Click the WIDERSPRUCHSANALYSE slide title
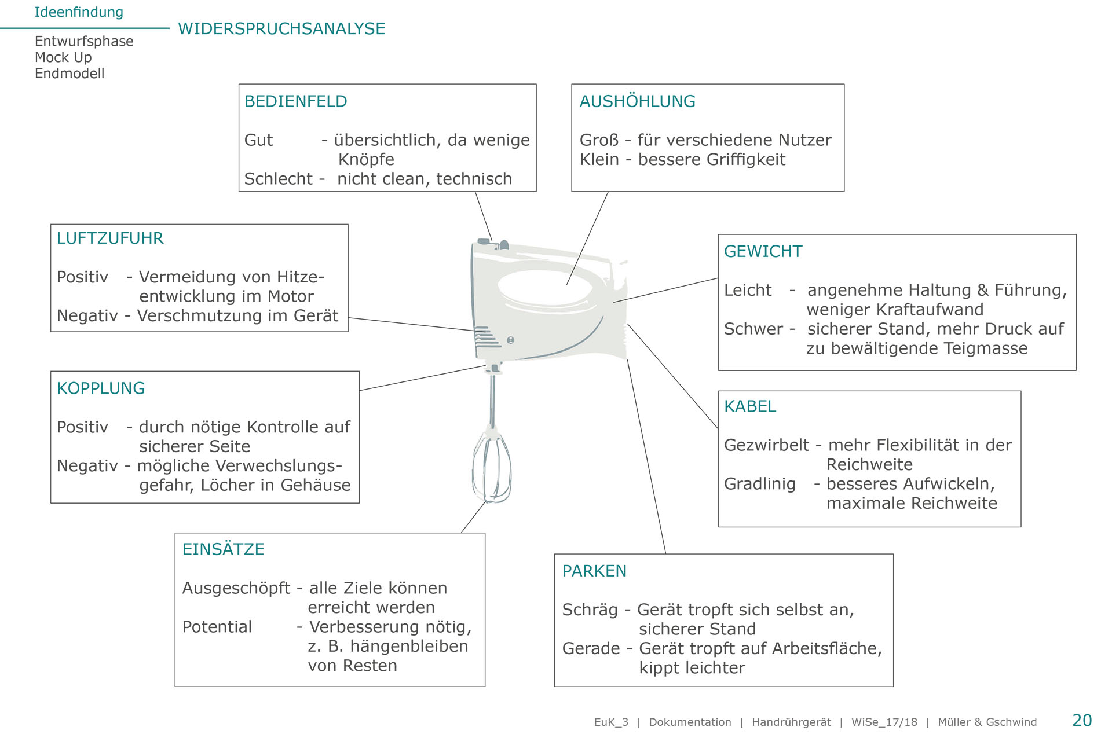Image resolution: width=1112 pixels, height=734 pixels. pyautogui.click(x=281, y=28)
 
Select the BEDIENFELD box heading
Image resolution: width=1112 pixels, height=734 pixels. pyautogui.click(x=295, y=101)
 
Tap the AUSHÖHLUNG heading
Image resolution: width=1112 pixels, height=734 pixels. pyautogui.click(x=637, y=101)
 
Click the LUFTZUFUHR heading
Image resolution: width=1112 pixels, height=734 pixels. pyautogui.click(x=110, y=238)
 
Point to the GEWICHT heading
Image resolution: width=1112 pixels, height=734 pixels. pyautogui.click(x=763, y=251)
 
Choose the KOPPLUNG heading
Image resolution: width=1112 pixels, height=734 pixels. pyautogui.click(x=101, y=388)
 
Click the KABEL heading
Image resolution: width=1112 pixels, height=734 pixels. pyautogui.click(x=750, y=406)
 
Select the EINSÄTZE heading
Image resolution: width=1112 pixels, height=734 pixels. pyautogui.click(x=223, y=549)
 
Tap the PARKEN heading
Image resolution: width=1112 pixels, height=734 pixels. pyautogui.click(x=594, y=571)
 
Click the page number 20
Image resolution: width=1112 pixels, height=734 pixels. pyautogui.click(x=1081, y=720)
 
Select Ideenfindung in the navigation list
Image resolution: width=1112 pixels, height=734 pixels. pyautogui.click(x=79, y=12)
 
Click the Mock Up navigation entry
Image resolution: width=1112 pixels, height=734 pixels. pyautogui.click(x=63, y=57)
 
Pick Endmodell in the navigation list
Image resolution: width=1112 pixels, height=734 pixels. pyautogui.click(x=69, y=74)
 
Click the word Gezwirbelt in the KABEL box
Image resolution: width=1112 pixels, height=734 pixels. pyautogui.click(x=766, y=445)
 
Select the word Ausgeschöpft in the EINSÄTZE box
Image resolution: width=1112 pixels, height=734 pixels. pyautogui.click(x=236, y=588)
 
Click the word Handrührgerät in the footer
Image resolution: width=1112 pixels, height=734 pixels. pyautogui.click(x=791, y=722)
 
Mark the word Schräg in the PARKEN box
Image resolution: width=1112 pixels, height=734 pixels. pyautogui.click(x=590, y=610)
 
